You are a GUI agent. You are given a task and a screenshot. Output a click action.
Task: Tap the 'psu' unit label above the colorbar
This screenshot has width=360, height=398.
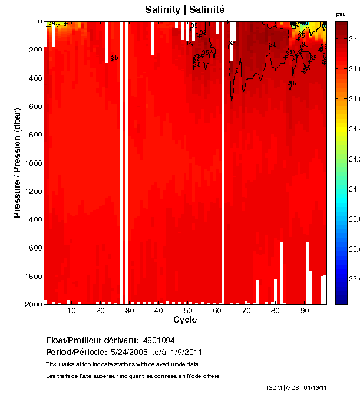click(341, 14)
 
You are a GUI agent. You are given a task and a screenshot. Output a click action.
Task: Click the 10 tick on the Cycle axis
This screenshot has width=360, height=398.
click(71, 310)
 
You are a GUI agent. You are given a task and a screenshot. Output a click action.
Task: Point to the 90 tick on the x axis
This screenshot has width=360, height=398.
click(305, 310)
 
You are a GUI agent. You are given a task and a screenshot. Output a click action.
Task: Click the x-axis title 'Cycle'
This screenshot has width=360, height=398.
click(185, 320)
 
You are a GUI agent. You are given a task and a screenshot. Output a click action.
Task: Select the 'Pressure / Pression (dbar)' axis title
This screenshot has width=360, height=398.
click(17, 163)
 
